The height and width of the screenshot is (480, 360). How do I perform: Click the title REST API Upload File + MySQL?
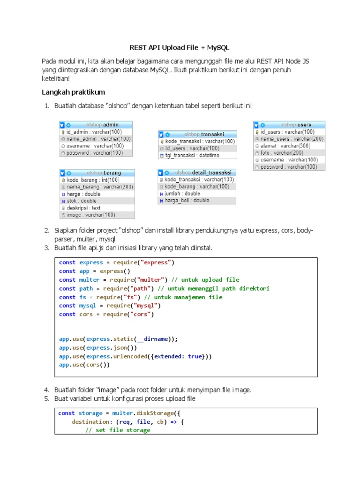point(180,48)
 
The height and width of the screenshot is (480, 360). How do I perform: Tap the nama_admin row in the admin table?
point(96,139)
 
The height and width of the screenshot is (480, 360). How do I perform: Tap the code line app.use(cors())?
point(84,365)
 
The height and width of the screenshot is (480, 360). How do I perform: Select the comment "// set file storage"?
point(118,430)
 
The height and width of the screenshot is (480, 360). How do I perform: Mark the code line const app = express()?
point(95,271)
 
